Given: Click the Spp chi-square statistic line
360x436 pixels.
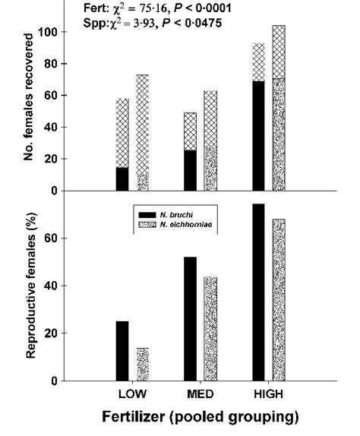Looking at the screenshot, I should [152, 23].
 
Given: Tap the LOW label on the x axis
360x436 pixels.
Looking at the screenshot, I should [133, 395].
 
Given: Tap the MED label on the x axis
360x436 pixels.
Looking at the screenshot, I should [200, 395].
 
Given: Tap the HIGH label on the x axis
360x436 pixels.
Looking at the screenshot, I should [267, 395].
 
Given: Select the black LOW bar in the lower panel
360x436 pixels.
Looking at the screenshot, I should [122, 350].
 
